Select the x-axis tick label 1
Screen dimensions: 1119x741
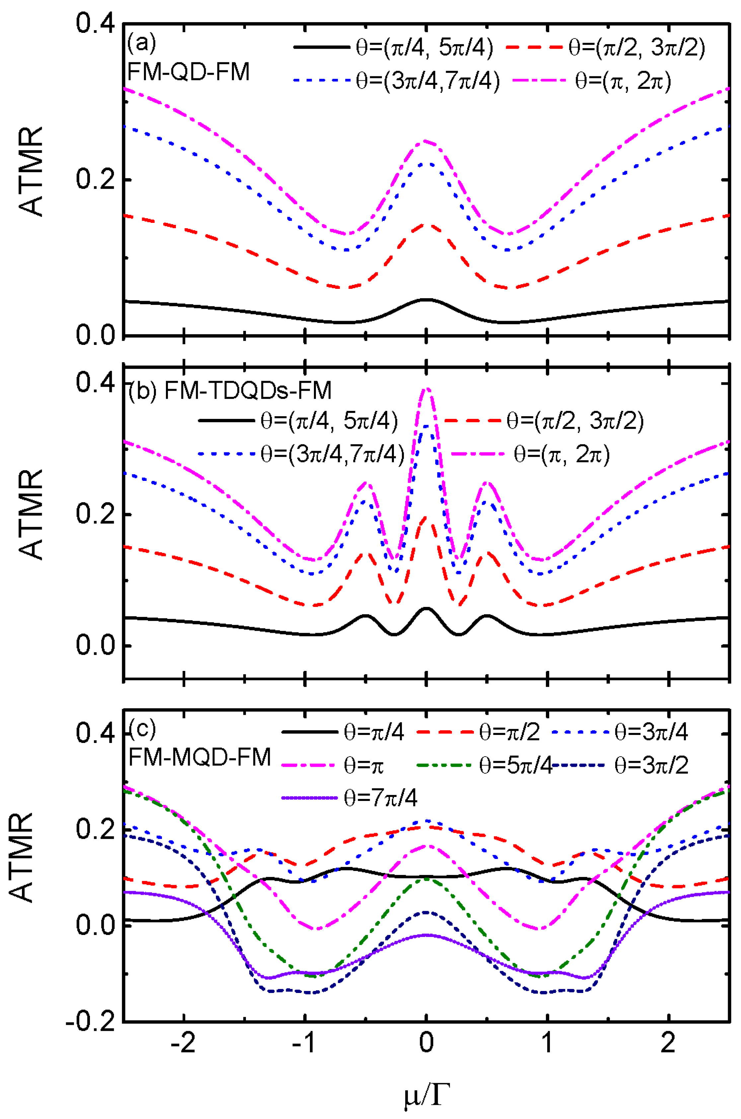(547, 1055)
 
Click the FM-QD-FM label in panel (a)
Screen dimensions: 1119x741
(188, 73)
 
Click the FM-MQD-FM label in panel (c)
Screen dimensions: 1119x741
(200, 757)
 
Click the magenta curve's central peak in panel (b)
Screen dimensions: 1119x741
(427, 388)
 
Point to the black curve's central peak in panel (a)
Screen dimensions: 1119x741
(426, 299)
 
